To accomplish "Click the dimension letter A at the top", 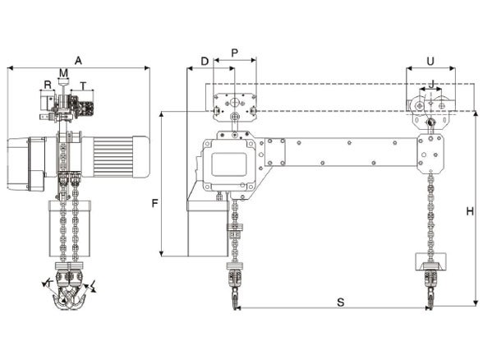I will (78, 60).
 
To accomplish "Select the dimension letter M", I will (63, 73).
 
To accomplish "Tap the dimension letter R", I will (48, 84).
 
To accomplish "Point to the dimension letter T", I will (83, 84).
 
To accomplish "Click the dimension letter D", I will (205, 62).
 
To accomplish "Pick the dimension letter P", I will (235, 53).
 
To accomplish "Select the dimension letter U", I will (430, 61).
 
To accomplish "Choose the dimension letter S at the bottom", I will (340, 302).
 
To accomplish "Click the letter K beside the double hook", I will (48, 283).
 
